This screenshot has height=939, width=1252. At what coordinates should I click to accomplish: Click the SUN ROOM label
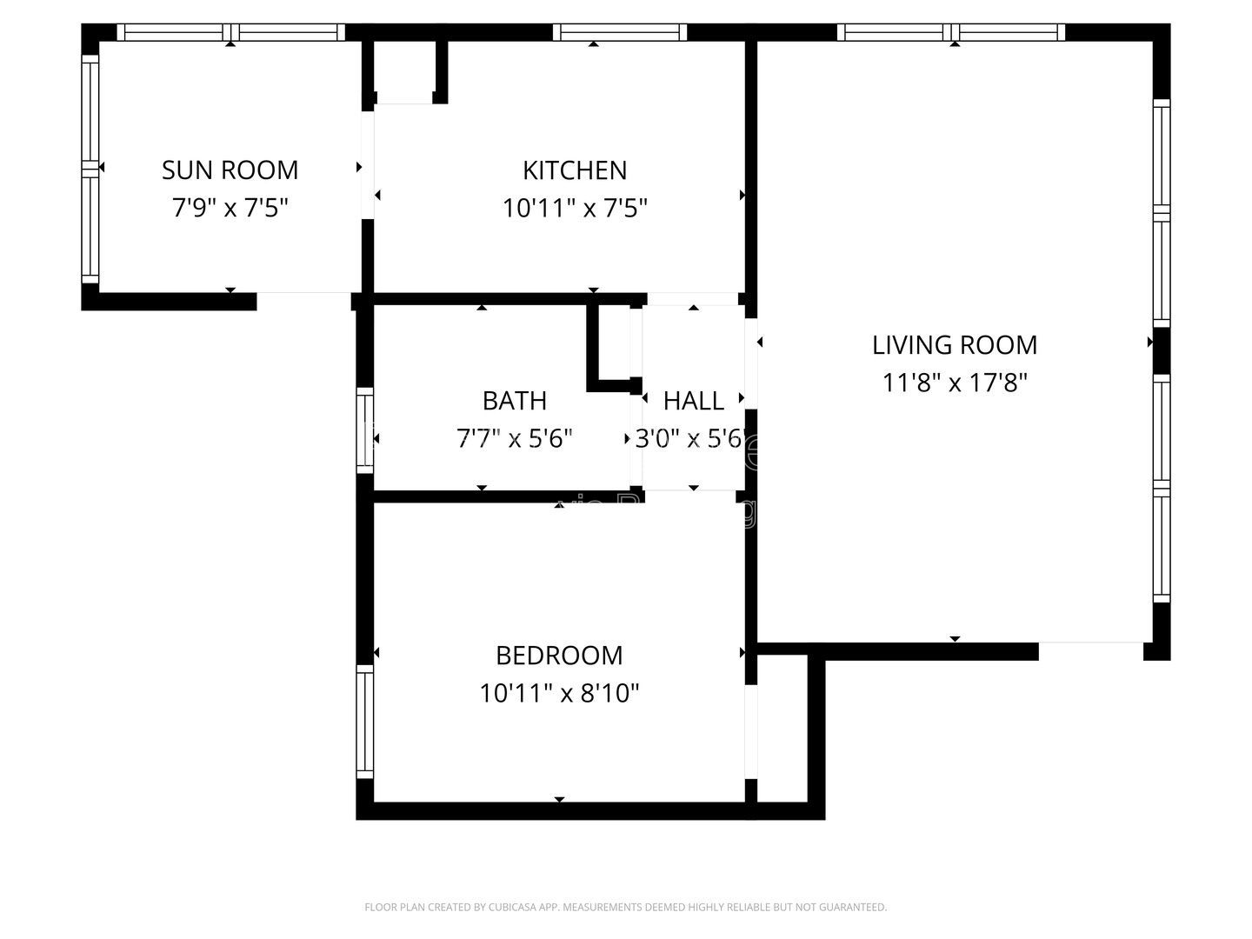pyautogui.click(x=230, y=170)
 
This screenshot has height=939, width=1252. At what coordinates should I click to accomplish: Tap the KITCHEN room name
pyautogui.click(x=575, y=170)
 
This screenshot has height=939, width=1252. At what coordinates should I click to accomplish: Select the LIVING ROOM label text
pyautogui.click(x=955, y=344)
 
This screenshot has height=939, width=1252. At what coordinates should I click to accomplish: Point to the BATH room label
pyautogui.click(x=514, y=400)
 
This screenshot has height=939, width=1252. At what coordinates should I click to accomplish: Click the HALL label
pyautogui.click(x=693, y=400)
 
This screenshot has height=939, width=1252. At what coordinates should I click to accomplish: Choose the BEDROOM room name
pyautogui.click(x=559, y=655)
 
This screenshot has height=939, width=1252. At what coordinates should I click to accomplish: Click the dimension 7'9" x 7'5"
pyautogui.click(x=230, y=208)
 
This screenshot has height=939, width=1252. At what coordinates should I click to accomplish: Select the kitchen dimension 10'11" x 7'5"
pyautogui.click(x=575, y=208)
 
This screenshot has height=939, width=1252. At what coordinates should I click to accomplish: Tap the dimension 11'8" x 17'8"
pyautogui.click(x=955, y=383)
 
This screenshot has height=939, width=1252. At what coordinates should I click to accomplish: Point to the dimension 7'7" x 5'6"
pyautogui.click(x=514, y=438)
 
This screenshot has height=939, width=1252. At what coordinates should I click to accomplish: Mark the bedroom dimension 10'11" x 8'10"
pyautogui.click(x=559, y=693)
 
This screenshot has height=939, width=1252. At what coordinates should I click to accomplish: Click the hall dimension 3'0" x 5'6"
pyautogui.click(x=691, y=438)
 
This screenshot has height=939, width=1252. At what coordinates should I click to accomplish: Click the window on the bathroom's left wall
pyautogui.click(x=365, y=431)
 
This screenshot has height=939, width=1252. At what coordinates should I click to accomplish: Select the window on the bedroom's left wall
pyautogui.click(x=365, y=722)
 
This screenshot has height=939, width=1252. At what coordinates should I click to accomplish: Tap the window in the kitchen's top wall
pyautogui.click(x=619, y=32)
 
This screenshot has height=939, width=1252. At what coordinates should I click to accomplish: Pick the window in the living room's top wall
pyautogui.click(x=951, y=32)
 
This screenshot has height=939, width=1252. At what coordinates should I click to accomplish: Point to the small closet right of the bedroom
pyautogui.click(x=782, y=726)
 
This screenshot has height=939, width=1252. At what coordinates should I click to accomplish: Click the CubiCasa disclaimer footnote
pyautogui.click(x=625, y=907)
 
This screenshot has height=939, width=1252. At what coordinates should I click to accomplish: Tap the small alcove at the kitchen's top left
pyautogui.click(x=404, y=71)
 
